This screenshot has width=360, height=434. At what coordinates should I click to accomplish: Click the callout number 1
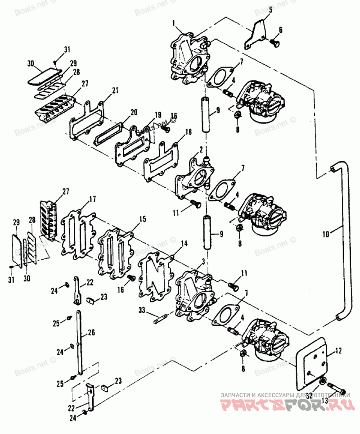[174, 21]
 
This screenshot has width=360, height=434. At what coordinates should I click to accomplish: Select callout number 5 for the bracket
[270, 10]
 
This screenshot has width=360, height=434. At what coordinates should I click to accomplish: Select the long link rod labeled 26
[80, 342]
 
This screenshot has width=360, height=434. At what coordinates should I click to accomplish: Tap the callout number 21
[115, 90]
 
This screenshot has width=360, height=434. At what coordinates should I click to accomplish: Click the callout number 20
[134, 112]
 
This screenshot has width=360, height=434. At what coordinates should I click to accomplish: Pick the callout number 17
[93, 198]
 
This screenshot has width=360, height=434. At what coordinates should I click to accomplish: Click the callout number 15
[143, 219]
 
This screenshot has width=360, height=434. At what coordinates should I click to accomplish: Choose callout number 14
[184, 244]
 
